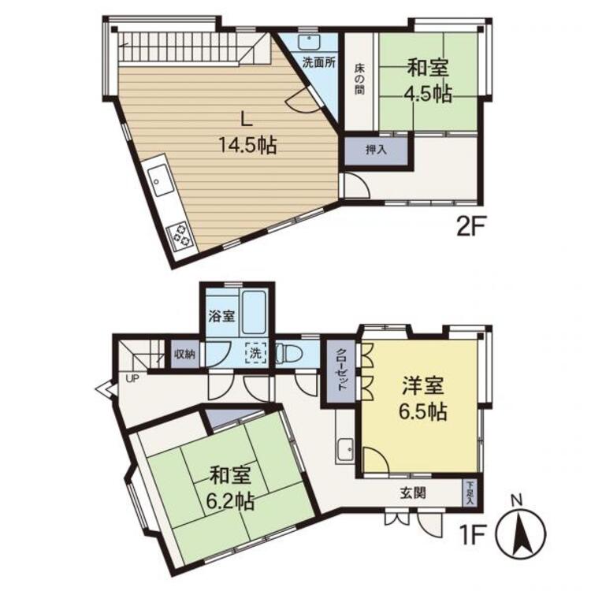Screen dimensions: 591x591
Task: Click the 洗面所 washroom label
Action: click(319, 62)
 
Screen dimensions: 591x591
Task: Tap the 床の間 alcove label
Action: click(359, 79)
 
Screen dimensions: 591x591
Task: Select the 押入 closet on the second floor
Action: click(376, 151)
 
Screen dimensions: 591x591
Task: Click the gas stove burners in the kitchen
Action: click(181, 235)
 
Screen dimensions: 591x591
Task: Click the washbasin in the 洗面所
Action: click(310, 42)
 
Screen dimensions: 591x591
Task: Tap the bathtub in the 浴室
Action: click(255, 313)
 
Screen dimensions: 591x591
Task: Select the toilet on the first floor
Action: click(289, 354)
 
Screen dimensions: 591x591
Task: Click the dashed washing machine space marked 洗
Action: click(256, 354)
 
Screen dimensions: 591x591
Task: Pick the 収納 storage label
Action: click(184, 355)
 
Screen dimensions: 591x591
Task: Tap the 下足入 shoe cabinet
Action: click(470, 493)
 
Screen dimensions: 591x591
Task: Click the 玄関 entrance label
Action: click(413, 492)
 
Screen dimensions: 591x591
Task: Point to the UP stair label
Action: click(132, 378)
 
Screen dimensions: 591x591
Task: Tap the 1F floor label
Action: click(470, 537)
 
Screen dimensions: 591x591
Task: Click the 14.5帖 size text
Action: click(247, 145)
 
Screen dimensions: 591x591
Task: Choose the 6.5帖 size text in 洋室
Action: click(423, 412)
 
